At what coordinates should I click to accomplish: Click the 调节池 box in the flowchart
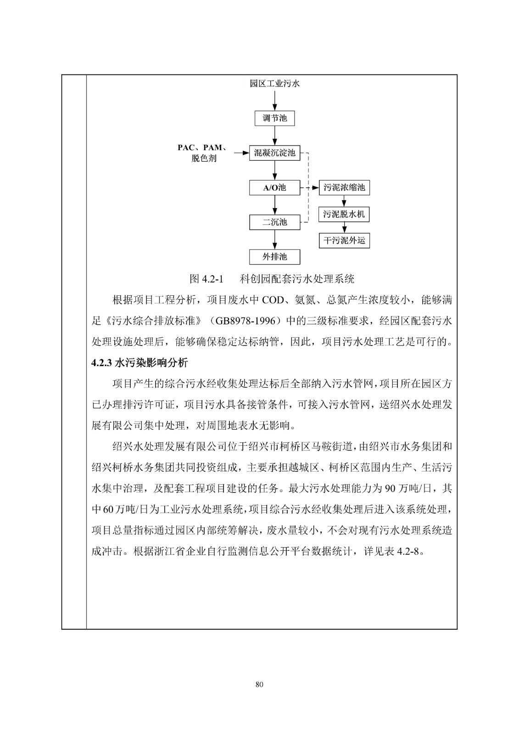(274, 119)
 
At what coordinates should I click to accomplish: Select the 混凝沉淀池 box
(274, 153)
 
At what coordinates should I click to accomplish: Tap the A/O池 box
(274, 187)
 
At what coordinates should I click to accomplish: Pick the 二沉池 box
(274, 222)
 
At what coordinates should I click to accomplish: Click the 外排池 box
(274, 257)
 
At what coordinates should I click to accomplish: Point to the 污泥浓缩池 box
(344, 187)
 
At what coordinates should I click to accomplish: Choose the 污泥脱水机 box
(344, 214)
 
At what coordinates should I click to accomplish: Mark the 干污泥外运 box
(344, 240)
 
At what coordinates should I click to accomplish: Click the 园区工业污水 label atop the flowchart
(274, 84)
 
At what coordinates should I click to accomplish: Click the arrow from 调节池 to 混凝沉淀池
(274, 136)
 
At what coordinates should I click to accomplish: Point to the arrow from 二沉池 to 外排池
(274, 239)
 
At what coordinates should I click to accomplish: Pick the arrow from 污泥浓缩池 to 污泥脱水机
(344, 201)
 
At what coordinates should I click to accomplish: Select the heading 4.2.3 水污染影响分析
(140, 363)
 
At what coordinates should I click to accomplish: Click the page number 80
(259, 685)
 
